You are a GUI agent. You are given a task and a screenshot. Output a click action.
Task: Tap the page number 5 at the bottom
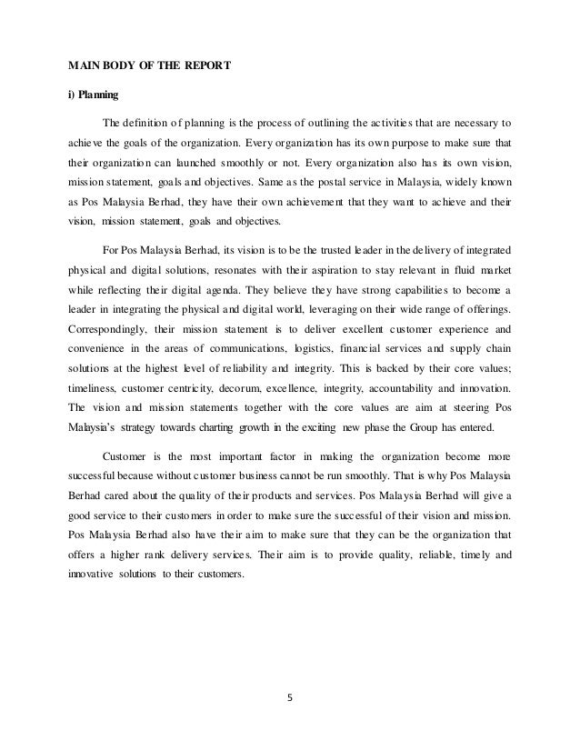point(290,700)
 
